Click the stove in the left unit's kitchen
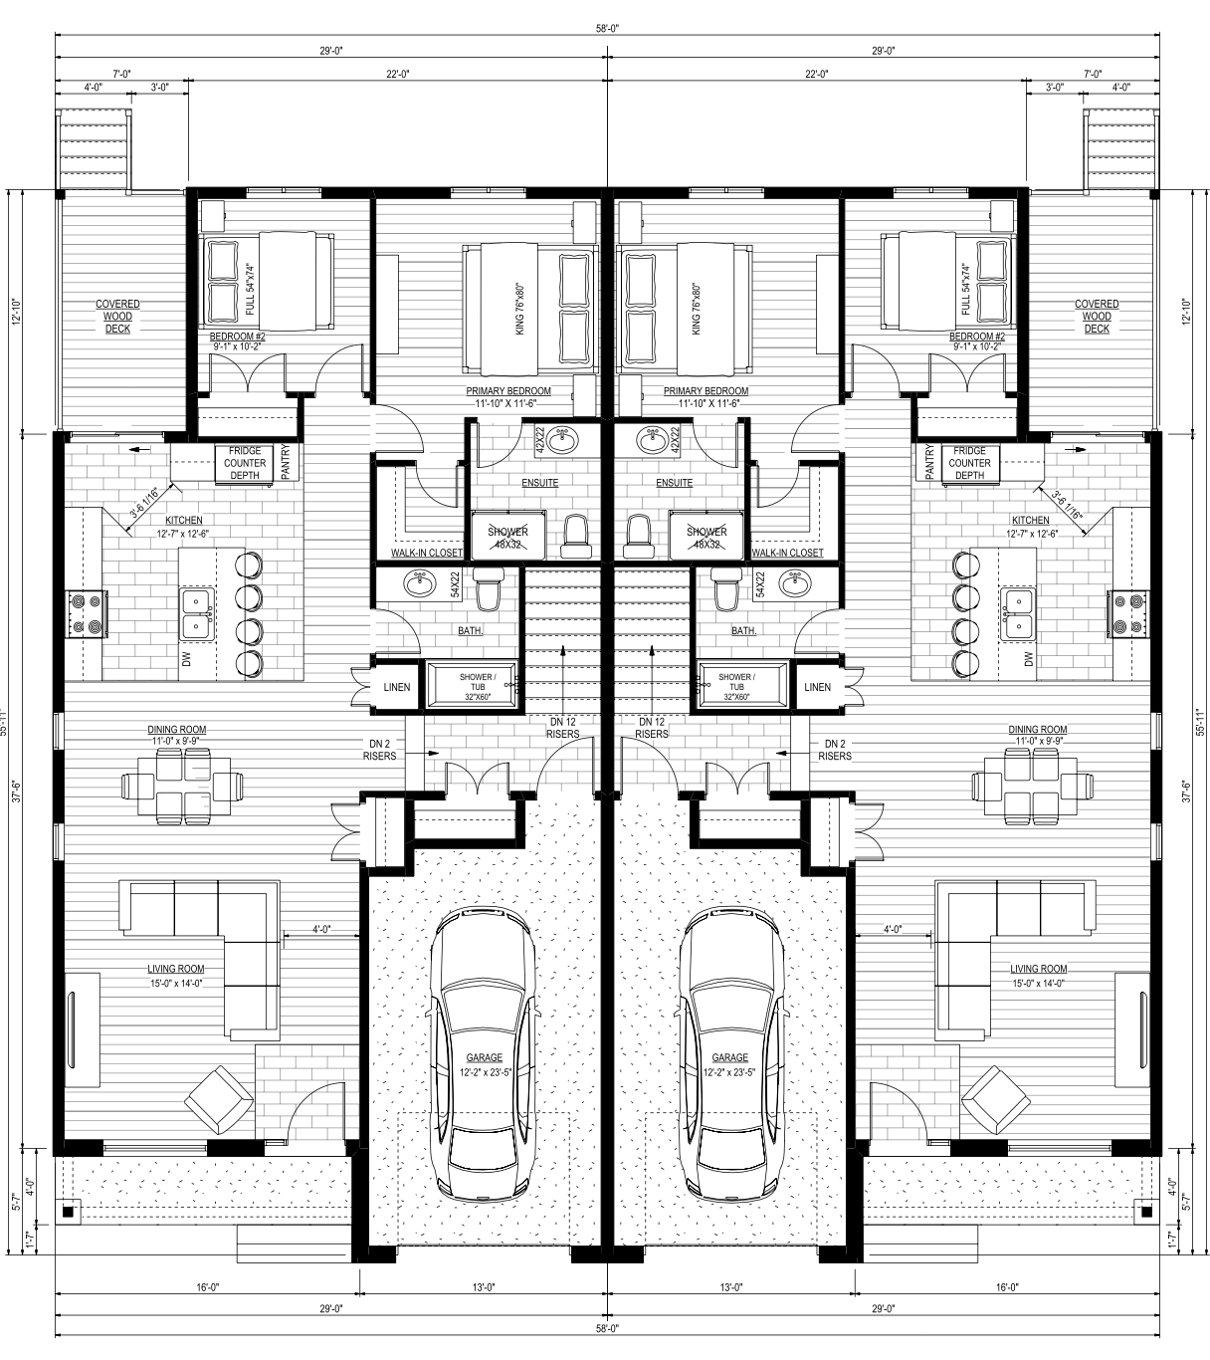coord(86,613)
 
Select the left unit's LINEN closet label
coord(397,687)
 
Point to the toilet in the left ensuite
coord(576,537)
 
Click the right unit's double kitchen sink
coord(1018,613)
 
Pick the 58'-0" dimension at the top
coord(606,28)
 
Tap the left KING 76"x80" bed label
coord(519,309)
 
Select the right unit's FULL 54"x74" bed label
coord(966,290)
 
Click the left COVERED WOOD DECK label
coord(117,317)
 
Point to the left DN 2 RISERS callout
coord(380,750)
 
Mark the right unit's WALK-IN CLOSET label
coord(787,553)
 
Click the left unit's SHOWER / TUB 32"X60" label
coord(478,687)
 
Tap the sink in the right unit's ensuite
coord(651,441)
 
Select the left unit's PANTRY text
coord(286,462)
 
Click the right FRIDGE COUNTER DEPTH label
coord(970,463)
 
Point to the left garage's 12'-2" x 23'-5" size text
coord(486,1072)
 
